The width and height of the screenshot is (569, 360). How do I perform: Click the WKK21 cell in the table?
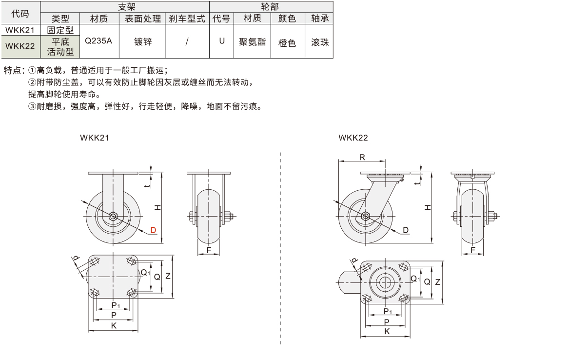point(20,30)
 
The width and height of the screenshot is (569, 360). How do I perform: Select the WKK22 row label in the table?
point(20,47)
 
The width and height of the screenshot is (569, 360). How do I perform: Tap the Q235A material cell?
point(98,41)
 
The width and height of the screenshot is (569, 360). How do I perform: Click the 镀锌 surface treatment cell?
point(142,41)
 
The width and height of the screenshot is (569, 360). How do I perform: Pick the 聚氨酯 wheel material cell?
point(252,41)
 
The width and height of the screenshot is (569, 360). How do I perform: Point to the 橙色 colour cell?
point(287,42)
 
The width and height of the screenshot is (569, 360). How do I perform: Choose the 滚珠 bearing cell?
point(320,42)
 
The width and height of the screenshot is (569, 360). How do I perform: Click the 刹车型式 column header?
point(187,19)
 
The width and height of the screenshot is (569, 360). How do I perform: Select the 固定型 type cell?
point(60,30)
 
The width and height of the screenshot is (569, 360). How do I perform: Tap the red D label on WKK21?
point(153,230)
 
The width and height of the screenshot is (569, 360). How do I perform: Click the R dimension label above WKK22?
point(362,157)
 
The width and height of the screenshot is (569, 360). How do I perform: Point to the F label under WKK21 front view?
point(209,250)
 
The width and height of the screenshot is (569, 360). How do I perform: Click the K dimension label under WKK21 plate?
point(114,326)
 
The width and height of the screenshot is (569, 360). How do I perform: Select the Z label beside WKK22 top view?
point(437,281)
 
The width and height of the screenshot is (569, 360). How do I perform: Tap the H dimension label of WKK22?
point(427,207)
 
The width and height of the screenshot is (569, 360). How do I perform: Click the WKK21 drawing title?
point(94,138)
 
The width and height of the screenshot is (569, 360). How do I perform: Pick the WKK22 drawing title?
point(353,138)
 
